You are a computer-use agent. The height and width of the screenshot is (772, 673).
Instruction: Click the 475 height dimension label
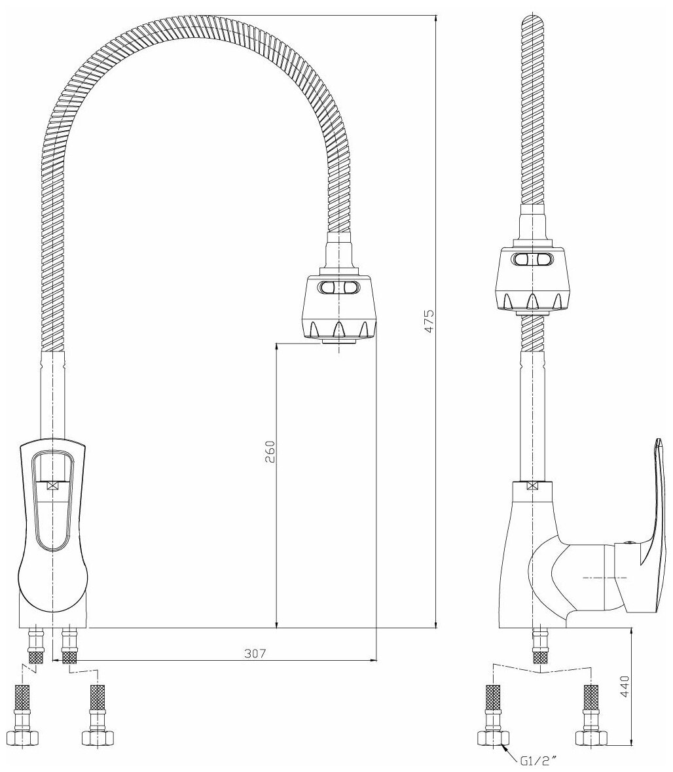click(429, 321)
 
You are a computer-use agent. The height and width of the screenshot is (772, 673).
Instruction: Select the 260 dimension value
click(270, 451)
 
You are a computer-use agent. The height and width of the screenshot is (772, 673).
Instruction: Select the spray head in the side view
click(532, 279)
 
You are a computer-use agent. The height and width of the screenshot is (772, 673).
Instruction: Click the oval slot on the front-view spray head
click(339, 288)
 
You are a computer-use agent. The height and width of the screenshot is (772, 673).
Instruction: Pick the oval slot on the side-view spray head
click(532, 260)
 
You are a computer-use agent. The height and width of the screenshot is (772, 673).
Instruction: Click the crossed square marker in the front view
click(53, 485)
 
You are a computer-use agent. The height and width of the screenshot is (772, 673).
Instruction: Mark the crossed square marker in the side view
click(533, 486)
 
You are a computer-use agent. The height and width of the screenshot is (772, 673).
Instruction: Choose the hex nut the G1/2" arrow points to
click(492, 737)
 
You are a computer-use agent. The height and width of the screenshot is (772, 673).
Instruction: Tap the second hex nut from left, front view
click(96, 737)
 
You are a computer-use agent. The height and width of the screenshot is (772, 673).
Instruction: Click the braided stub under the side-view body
click(541, 648)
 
